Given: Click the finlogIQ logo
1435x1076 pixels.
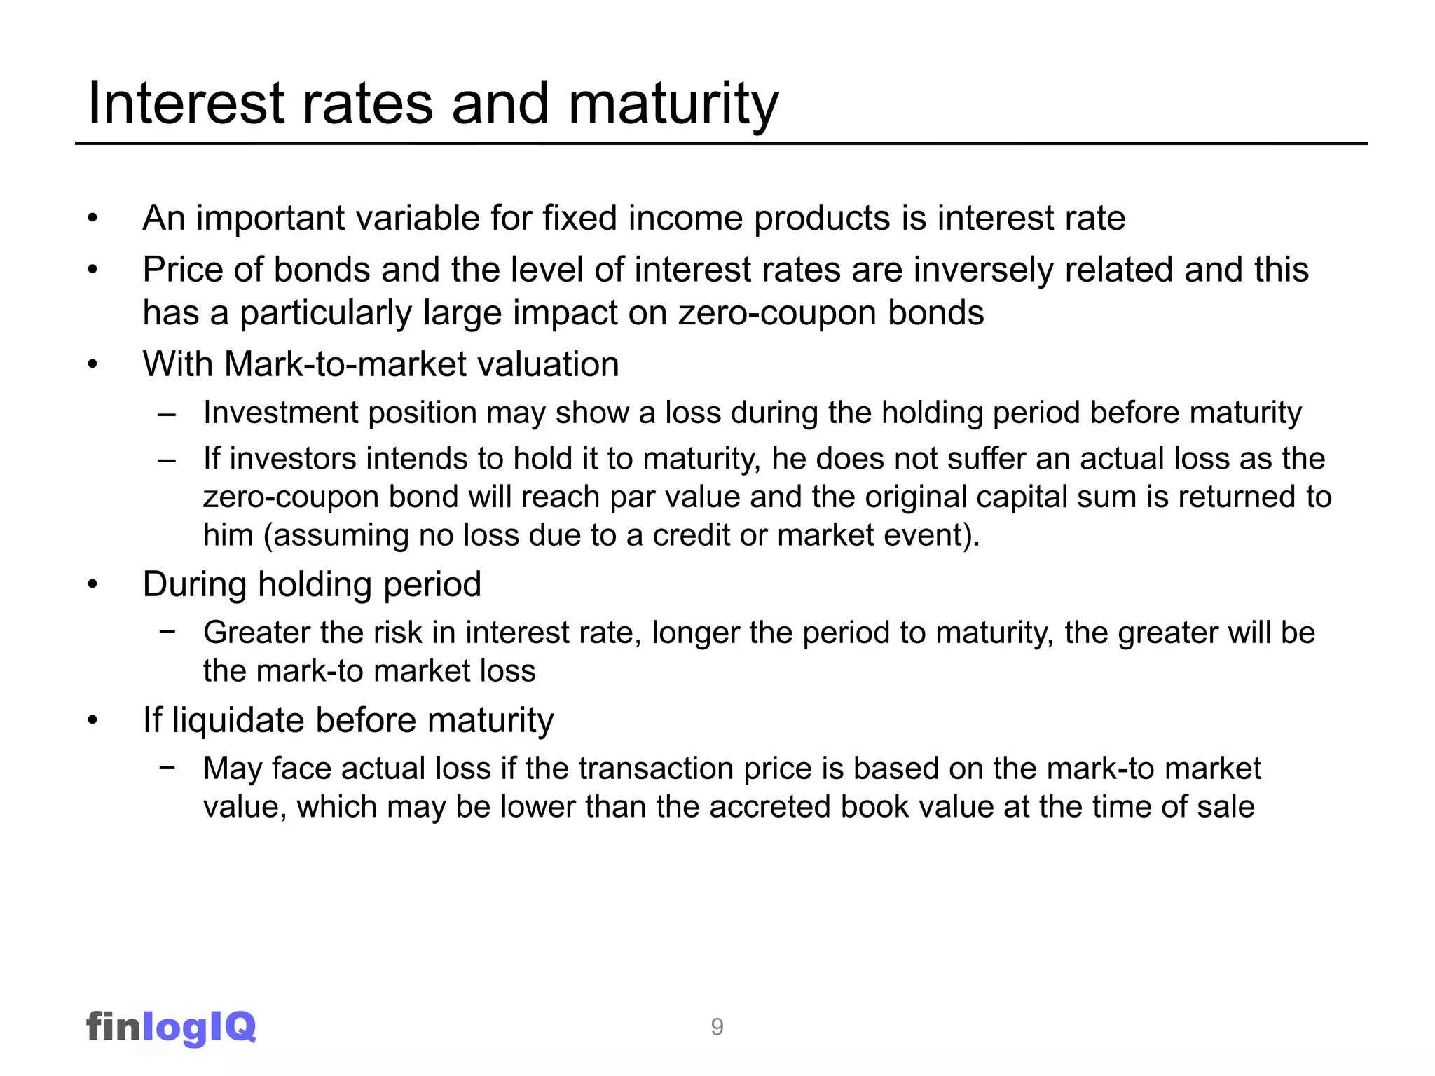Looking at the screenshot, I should click(171, 1027).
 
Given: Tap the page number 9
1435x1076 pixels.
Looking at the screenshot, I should click(717, 1027).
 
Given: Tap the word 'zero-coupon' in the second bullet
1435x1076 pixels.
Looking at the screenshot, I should click(776, 313).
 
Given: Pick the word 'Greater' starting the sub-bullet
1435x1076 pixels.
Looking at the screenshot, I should click(256, 633).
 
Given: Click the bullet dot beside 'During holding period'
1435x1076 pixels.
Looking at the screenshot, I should click(92, 585).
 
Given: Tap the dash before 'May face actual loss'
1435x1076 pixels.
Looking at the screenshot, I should click(167, 767).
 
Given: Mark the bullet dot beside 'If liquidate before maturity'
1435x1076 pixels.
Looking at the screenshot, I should click(92, 721).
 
